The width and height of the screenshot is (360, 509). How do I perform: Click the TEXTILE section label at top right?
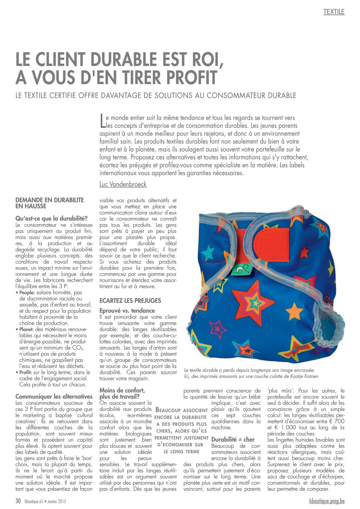point(334,12)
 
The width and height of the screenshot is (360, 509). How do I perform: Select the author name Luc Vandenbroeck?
point(123,184)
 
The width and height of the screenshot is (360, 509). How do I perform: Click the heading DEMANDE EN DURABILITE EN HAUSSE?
point(49,203)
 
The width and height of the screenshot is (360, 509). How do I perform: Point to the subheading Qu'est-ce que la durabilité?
point(52,218)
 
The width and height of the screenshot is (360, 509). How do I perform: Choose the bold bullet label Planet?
point(26,329)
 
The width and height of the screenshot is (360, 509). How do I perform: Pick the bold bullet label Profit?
point(26,373)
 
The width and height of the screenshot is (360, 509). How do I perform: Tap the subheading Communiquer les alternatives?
point(54,397)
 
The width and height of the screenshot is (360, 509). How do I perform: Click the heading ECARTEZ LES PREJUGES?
point(130,301)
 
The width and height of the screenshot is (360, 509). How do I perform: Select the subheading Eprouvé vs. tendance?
point(127,311)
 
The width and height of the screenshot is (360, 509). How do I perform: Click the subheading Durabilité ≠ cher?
point(233,440)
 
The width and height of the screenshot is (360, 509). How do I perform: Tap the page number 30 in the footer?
point(18,501)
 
